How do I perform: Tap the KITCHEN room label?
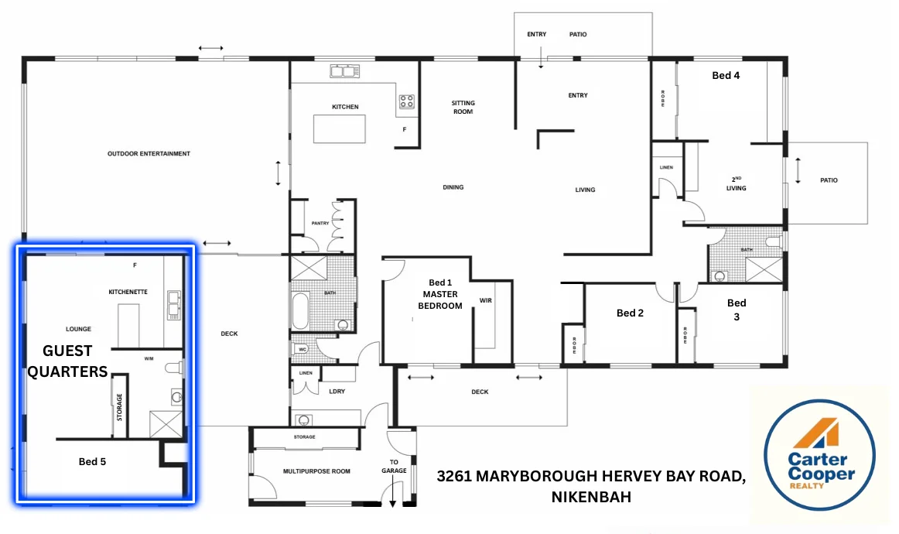pos(345,107)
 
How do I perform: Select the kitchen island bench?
pos(339,128)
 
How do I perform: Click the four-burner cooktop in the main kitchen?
pos(406,101)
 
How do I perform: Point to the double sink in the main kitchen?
pos(346,72)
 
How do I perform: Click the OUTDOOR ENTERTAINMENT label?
pos(149,154)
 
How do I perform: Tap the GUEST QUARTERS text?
pos(67,361)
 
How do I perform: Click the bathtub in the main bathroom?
pos(299,310)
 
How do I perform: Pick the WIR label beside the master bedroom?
pos(486,300)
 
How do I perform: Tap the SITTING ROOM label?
pos(463,108)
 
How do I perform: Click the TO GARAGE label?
pos(393,466)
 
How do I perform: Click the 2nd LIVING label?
pos(736,183)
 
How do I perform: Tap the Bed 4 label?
pos(726,76)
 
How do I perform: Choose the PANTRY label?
pos(320,224)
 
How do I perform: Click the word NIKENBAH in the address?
pos(591,497)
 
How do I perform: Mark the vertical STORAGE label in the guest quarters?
pos(120,406)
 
